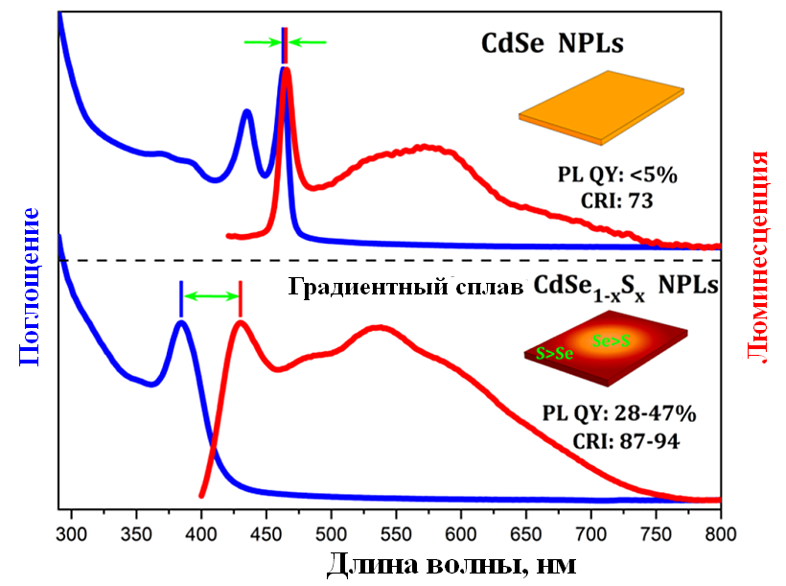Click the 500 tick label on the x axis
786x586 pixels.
tap(331, 527)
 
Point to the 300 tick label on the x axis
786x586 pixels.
tap(71, 527)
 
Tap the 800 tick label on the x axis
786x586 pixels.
tap(720, 527)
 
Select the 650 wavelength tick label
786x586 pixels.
tap(525, 527)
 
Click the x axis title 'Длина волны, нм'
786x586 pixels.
tap(451, 562)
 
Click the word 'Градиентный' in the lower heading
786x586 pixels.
tap(359, 286)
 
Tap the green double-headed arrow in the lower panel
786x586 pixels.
tap(210, 297)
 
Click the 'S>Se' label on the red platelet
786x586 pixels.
tap(555, 353)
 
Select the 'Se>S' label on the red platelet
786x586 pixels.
tap(611, 340)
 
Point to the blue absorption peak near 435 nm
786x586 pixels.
tap(247, 112)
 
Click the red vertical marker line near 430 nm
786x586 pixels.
tap(240, 297)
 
